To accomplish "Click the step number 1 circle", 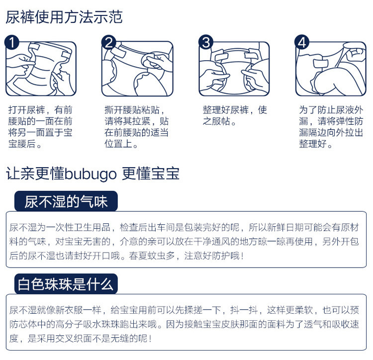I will click(x=12, y=42).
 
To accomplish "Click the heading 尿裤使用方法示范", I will click(x=64, y=17).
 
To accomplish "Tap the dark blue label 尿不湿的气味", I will click(x=66, y=201).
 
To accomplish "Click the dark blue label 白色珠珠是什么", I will click(x=66, y=284).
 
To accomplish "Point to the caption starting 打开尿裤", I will click(x=40, y=127).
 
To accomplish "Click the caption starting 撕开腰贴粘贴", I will click(x=136, y=127).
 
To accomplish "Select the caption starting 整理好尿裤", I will click(x=234, y=115).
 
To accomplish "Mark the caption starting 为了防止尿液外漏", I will click(x=331, y=127).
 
